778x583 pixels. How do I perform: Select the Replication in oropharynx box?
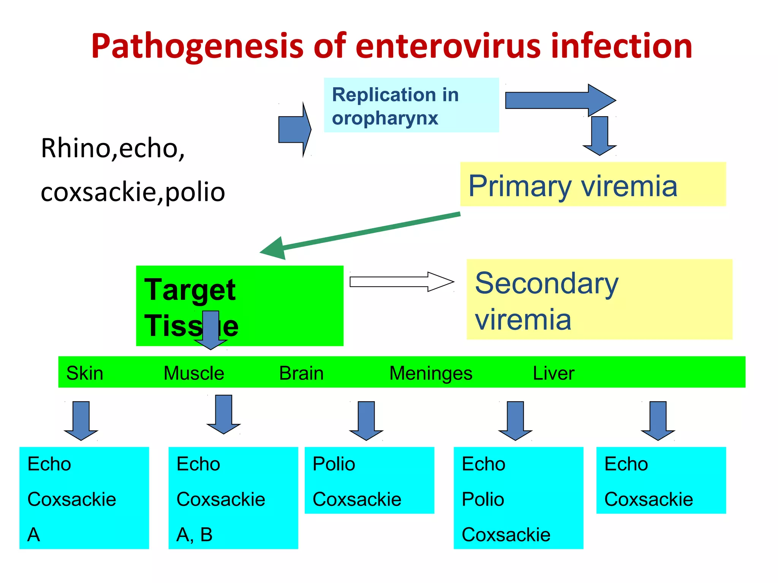point(411,105)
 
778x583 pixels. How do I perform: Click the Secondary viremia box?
point(599,299)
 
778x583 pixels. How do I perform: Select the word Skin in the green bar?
point(85,373)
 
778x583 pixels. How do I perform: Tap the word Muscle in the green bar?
point(194,373)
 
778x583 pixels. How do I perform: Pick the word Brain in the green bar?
point(301,373)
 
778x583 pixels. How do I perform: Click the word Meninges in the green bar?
point(431,373)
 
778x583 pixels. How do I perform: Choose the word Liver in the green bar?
point(553,373)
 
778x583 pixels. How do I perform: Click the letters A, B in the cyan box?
point(194,534)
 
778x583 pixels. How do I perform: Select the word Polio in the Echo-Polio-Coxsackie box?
point(483,499)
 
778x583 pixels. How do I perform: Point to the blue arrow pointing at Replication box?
point(294,129)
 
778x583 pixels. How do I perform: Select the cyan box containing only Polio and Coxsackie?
point(369,480)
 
